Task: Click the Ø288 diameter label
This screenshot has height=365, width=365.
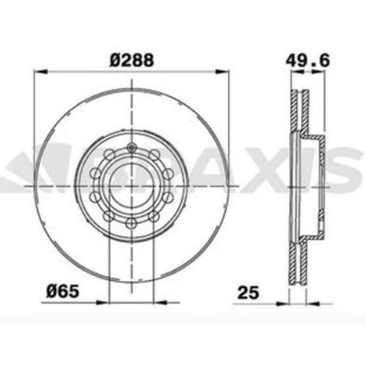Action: pyautogui.click(x=131, y=60)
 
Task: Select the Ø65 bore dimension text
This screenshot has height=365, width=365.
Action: pyautogui.click(x=63, y=291)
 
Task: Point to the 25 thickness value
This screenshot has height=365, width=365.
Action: pyautogui.click(x=248, y=293)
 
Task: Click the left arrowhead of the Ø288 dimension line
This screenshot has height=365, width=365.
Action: pyautogui.click(x=39, y=72)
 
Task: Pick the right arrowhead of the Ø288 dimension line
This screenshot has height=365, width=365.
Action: pyautogui.click(x=222, y=72)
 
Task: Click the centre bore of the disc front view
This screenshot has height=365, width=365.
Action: pyautogui.click(x=131, y=186)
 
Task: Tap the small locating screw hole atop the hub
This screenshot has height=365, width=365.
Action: pyautogui.click(x=131, y=147)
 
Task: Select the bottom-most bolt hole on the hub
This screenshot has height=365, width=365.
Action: pyautogui.click(x=131, y=223)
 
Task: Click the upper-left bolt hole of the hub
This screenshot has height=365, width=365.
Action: pyautogui.click(x=109, y=155)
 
